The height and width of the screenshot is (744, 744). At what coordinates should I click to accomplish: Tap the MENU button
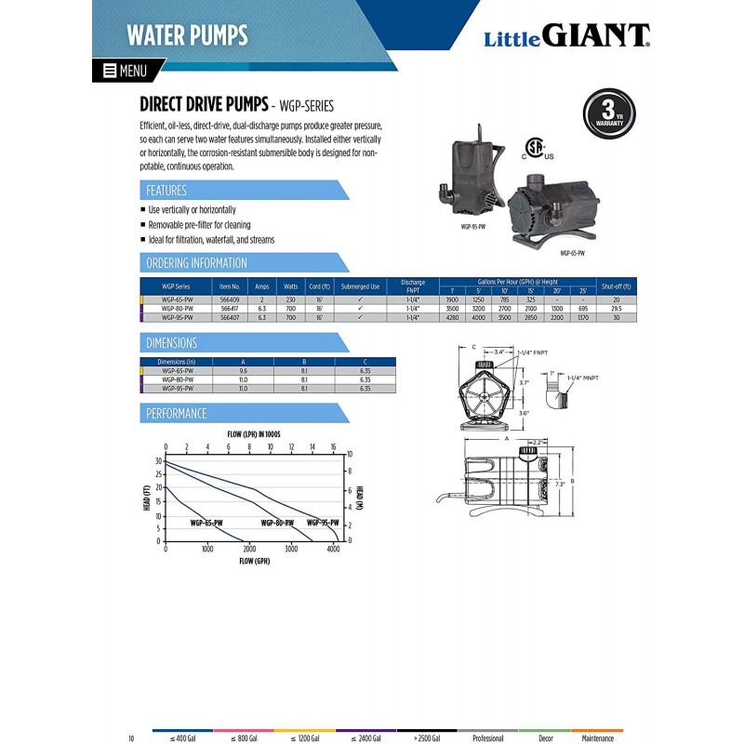pos(126,70)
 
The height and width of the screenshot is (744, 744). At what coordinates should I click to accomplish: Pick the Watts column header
pos(289,286)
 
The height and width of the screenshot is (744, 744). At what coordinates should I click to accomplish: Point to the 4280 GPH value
pos(453,317)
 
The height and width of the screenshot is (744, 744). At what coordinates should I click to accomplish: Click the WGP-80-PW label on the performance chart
pos(278,523)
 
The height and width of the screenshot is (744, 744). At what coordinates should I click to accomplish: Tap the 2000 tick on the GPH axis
pos(249,550)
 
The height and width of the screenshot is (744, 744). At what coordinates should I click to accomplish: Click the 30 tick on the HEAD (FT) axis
pos(159,461)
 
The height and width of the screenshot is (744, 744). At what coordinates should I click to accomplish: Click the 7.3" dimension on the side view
pos(560,485)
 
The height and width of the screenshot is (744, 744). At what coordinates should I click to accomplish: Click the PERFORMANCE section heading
pos(177,413)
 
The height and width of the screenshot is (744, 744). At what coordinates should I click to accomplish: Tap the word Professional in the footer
pos(487,737)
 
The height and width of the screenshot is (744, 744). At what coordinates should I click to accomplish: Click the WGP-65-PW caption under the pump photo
pos(572,253)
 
